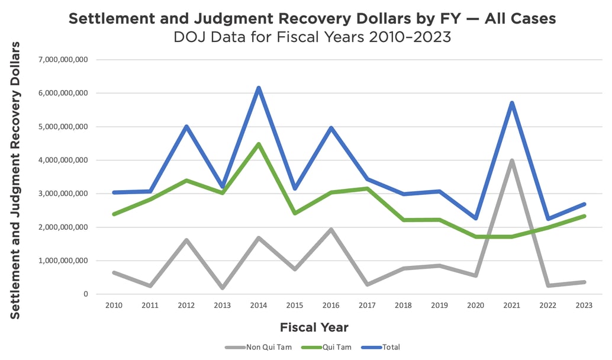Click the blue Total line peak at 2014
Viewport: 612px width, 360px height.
coord(259,88)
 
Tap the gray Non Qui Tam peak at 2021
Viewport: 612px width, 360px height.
coord(511,160)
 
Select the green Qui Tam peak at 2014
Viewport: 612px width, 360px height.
coord(259,144)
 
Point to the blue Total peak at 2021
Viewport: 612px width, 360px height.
coord(511,103)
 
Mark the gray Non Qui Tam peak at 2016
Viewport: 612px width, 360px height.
coord(331,229)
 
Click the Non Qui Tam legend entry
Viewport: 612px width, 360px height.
coord(259,347)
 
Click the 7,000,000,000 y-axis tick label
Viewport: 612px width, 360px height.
coord(63,60)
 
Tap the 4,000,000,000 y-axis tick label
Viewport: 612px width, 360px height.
coord(63,160)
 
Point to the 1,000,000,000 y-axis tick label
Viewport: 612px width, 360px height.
coord(63,261)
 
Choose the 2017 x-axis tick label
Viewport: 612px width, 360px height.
coord(367,305)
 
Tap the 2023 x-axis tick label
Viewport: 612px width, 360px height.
coord(584,305)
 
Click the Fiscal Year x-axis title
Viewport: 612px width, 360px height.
coord(314,327)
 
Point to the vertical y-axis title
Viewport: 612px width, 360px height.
coord(15,180)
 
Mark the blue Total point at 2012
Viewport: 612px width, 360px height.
coord(186,127)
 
